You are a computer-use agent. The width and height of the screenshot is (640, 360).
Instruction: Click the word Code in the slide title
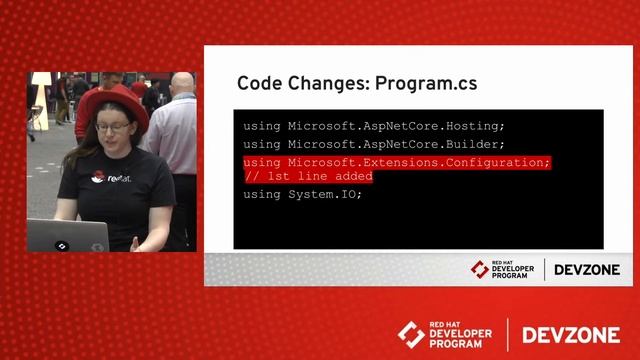(x=260, y=83)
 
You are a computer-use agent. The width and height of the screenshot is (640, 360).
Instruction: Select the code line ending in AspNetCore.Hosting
(x=374, y=126)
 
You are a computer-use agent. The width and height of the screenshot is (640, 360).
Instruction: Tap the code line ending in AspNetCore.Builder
(x=374, y=144)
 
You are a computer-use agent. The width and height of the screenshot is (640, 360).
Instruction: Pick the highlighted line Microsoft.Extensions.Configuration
(x=397, y=162)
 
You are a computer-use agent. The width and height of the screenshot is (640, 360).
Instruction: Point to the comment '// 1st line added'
(x=308, y=176)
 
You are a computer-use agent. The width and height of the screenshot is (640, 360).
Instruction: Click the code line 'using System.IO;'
(x=302, y=194)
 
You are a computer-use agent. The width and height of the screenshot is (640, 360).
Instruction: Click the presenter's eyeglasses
(x=113, y=127)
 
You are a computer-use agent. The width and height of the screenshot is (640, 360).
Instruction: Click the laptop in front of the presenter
(x=67, y=235)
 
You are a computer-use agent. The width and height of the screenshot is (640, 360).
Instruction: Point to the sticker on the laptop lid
(x=62, y=244)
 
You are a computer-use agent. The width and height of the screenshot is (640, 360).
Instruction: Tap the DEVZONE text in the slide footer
(x=587, y=269)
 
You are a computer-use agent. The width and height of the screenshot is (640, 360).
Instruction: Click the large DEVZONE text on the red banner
(x=570, y=334)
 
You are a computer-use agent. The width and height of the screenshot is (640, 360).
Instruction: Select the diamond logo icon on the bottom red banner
(x=411, y=334)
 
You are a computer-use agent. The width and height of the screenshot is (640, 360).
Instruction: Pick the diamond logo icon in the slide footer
(x=480, y=269)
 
